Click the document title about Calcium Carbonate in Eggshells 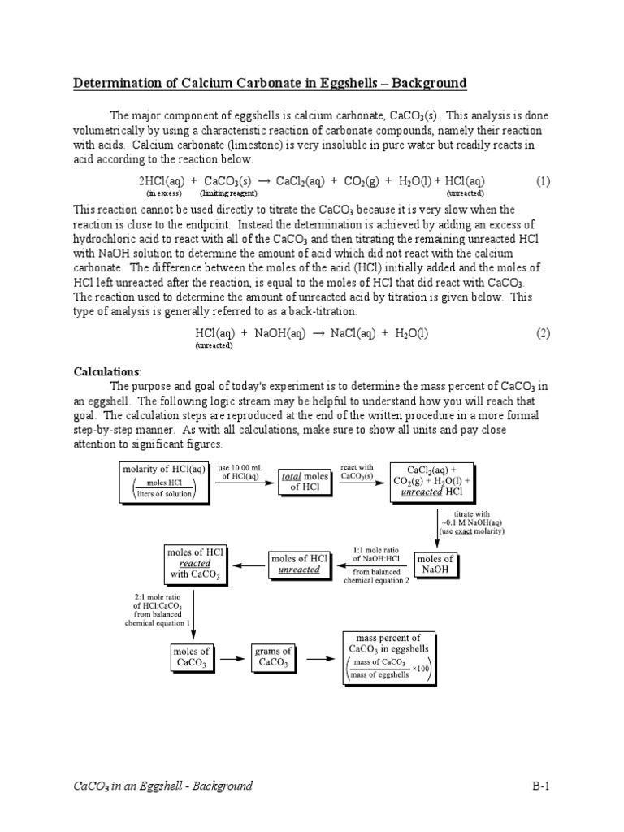270,83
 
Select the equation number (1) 543,181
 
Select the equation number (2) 543,333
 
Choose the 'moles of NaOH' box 435,565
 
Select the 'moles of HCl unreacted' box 301,565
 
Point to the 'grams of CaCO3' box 274,657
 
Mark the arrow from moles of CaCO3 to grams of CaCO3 232,658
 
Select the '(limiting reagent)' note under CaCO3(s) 228,194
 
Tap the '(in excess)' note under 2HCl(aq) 160,194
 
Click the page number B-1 541,786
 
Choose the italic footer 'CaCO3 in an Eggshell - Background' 163,786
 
